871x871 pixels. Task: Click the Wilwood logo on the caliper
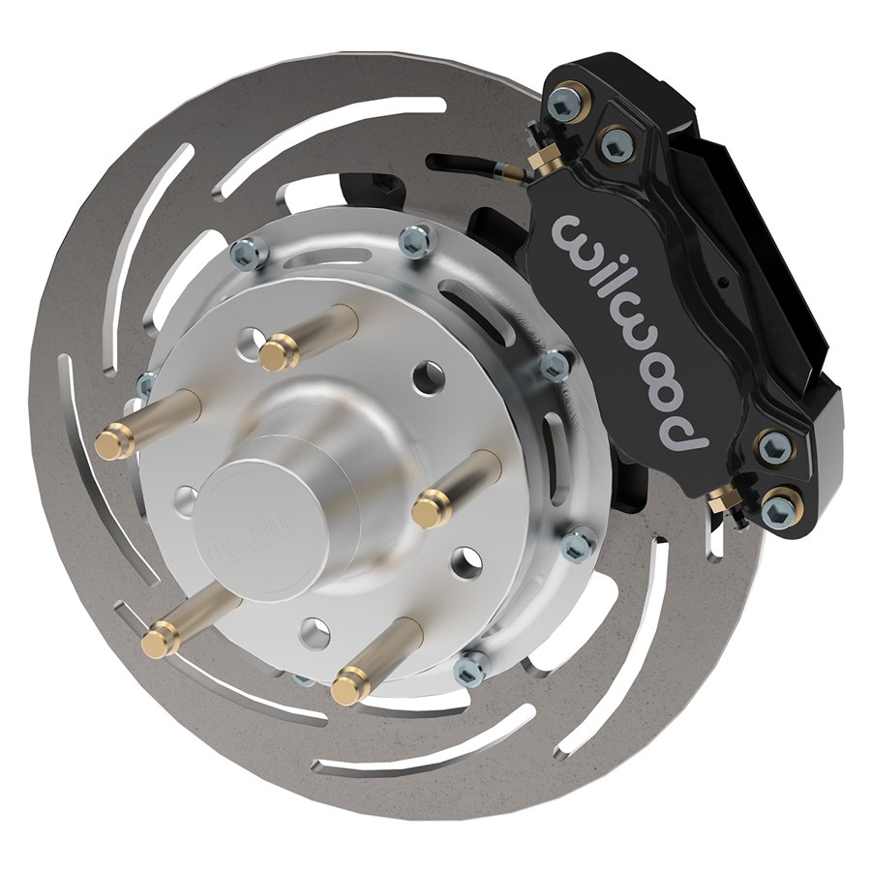coord(634,329)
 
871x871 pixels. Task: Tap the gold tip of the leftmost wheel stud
coord(113,444)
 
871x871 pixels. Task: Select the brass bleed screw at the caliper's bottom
coord(718,501)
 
